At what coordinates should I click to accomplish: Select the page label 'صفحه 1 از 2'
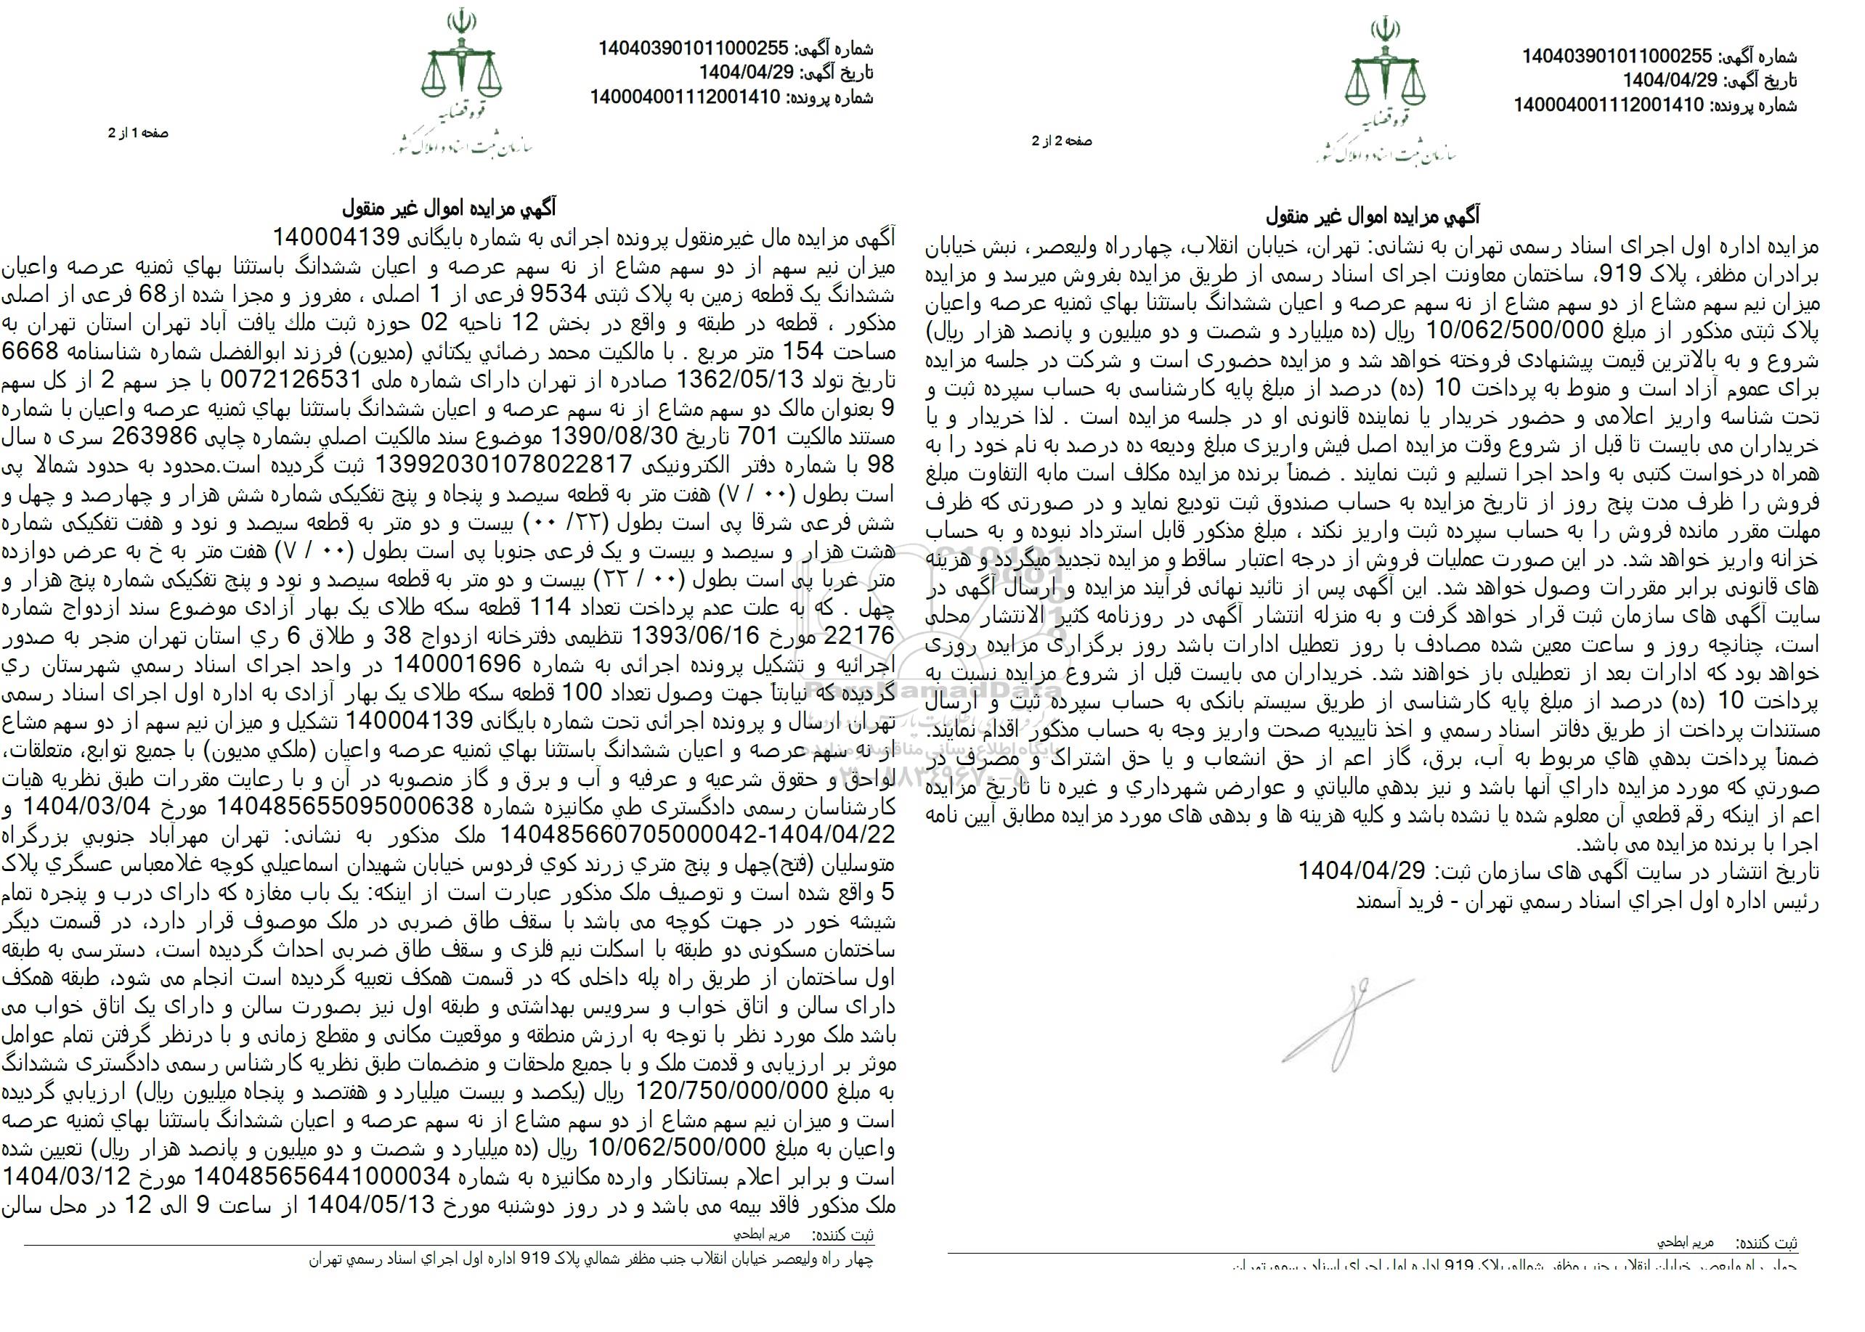138,133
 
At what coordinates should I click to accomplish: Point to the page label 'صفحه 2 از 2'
1062,141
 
